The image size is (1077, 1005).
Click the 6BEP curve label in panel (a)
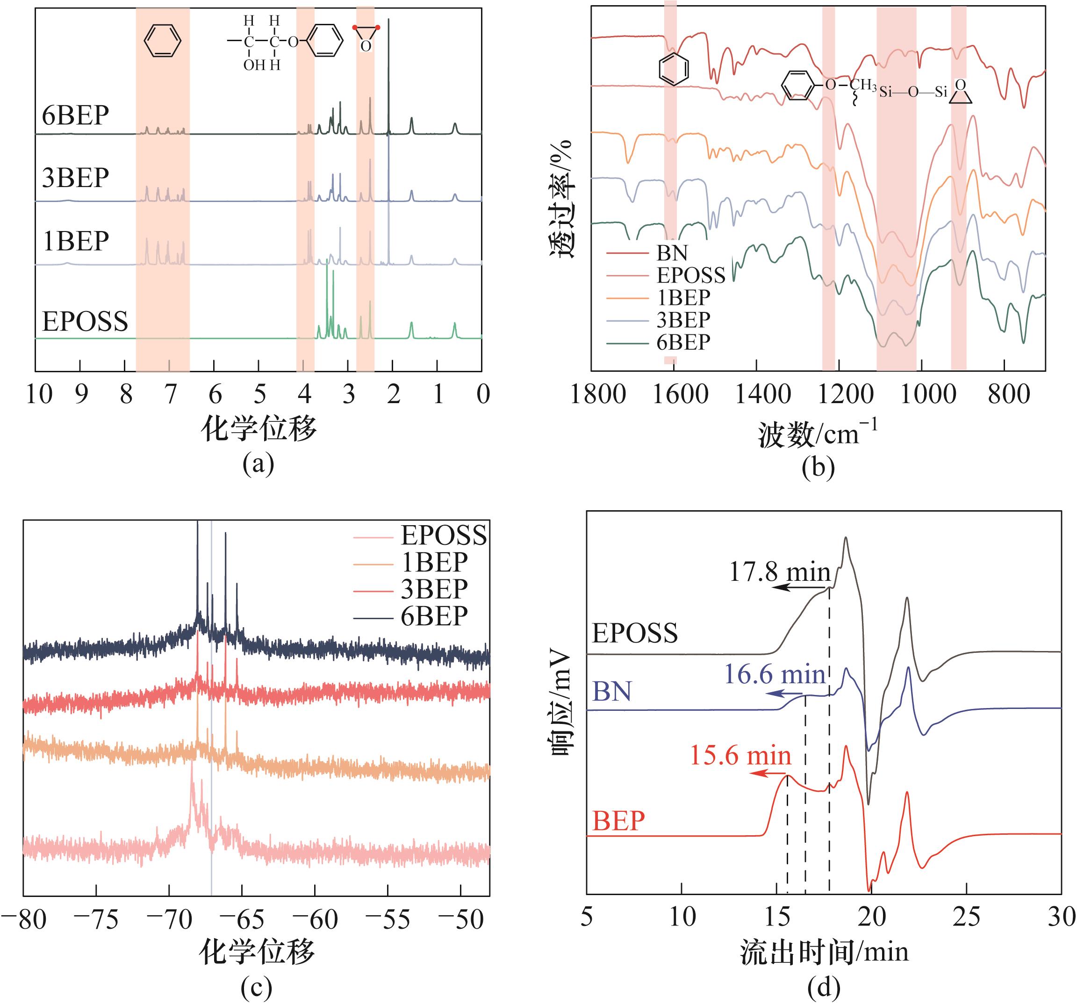pyautogui.click(x=75, y=115)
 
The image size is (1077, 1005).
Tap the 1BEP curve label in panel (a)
pyautogui.click(x=75, y=241)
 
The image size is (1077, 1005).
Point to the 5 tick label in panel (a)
pyautogui.click(x=259, y=394)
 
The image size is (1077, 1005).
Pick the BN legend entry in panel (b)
pyautogui.click(x=672, y=253)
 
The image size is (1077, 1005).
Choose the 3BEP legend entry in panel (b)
pyautogui.click(x=683, y=320)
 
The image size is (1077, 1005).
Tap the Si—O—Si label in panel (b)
pyautogui.click(x=913, y=92)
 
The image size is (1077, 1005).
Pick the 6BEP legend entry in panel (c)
pyautogui.click(x=434, y=616)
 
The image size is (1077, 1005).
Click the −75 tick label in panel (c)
pyautogui.click(x=96, y=920)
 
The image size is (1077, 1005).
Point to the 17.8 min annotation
pyautogui.click(x=780, y=571)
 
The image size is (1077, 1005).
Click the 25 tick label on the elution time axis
pyautogui.click(x=967, y=917)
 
